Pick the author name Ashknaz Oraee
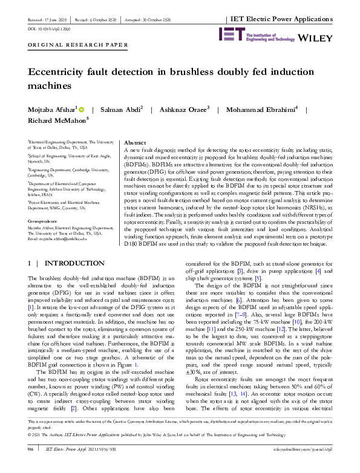tap(179, 110)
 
